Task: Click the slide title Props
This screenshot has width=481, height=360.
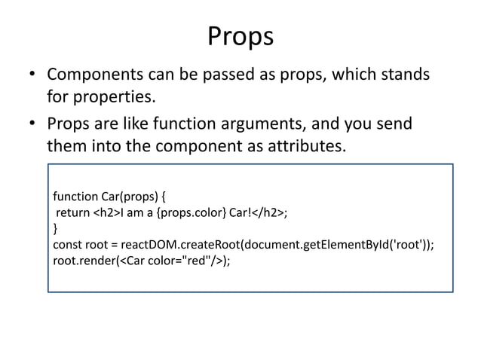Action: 240,36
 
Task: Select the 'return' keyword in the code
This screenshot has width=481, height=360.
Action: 73,213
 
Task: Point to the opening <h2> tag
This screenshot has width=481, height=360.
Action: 105,213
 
